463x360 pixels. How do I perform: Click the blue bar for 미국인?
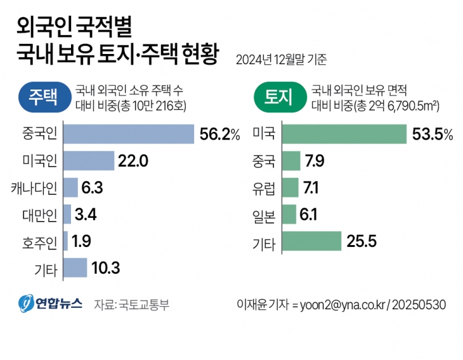[x=89, y=161]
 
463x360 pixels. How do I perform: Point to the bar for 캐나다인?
[x=70, y=187]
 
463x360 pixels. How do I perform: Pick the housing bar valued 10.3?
[x=75, y=267]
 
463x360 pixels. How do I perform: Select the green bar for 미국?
[x=344, y=134]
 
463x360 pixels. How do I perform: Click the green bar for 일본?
[x=289, y=215]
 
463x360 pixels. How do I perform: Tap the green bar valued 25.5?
[x=311, y=241]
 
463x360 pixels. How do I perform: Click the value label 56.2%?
[x=219, y=135]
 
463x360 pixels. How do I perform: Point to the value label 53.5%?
[x=433, y=135]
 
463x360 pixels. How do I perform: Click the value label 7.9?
[x=315, y=161]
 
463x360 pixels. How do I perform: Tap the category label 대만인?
[x=39, y=215]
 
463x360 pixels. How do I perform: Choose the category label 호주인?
[x=39, y=241]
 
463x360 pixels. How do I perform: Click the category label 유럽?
[x=264, y=188]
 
